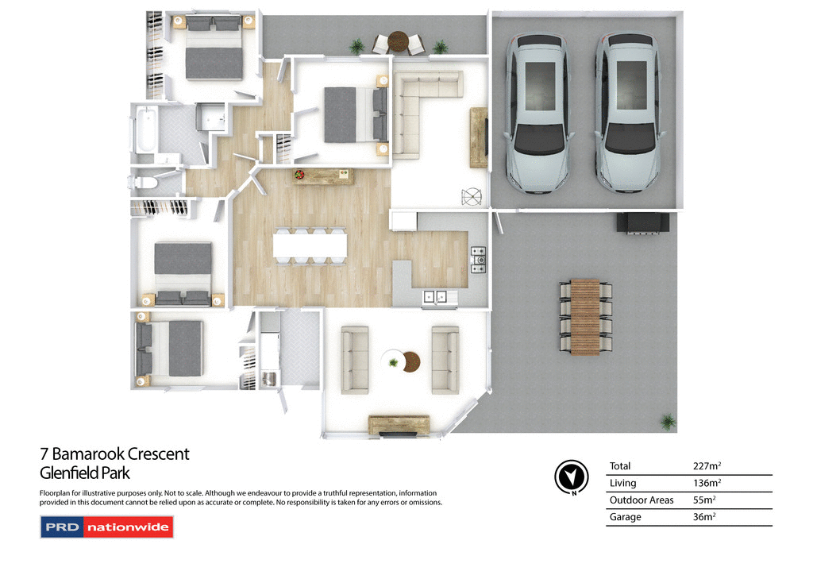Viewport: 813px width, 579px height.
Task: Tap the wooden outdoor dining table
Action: [586, 316]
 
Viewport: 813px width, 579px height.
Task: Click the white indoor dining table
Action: [310, 245]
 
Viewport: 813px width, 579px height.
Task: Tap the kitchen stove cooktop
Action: [479, 260]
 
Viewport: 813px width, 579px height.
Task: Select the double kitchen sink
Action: [435, 297]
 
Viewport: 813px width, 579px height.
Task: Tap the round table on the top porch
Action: [399, 40]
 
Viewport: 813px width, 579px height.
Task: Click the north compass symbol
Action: [571, 477]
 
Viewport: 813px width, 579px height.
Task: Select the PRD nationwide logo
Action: [106, 527]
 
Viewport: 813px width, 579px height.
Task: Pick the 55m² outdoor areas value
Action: [704, 500]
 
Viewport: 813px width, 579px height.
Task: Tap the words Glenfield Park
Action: [85, 473]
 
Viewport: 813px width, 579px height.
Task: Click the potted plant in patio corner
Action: [668, 421]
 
